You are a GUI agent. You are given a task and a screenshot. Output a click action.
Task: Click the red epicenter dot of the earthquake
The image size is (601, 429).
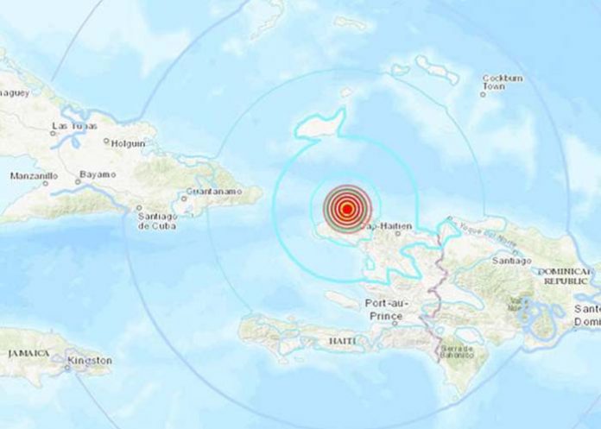click(x=346, y=208)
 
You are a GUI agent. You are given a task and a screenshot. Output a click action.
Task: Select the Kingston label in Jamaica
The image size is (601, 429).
click(x=92, y=359)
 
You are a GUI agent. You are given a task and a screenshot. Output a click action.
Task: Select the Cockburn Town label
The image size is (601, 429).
click(x=502, y=85)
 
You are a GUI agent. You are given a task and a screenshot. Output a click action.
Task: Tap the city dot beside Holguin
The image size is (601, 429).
click(x=106, y=142)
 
